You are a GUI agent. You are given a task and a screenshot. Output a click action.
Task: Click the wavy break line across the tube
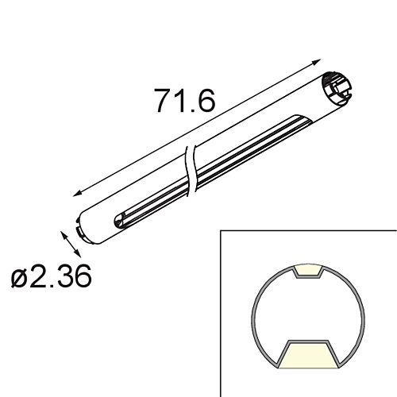[191, 171]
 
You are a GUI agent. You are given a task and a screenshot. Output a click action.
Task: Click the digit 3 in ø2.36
[64, 277]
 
